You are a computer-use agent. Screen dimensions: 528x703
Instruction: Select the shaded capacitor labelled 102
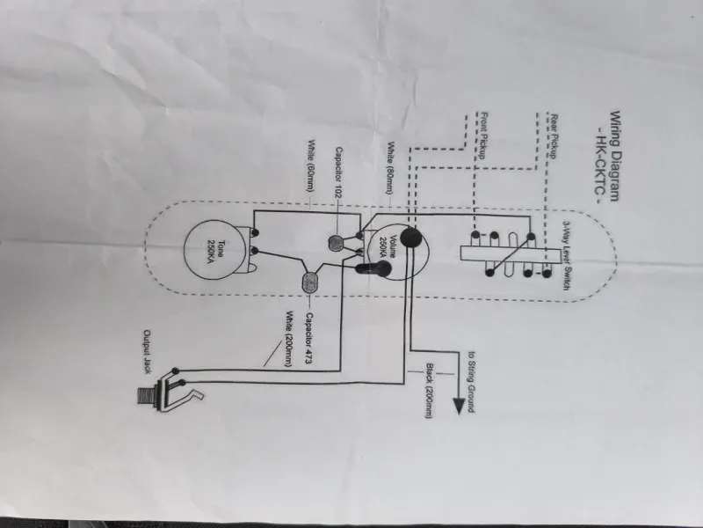pyautogui.click(x=337, y=243)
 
